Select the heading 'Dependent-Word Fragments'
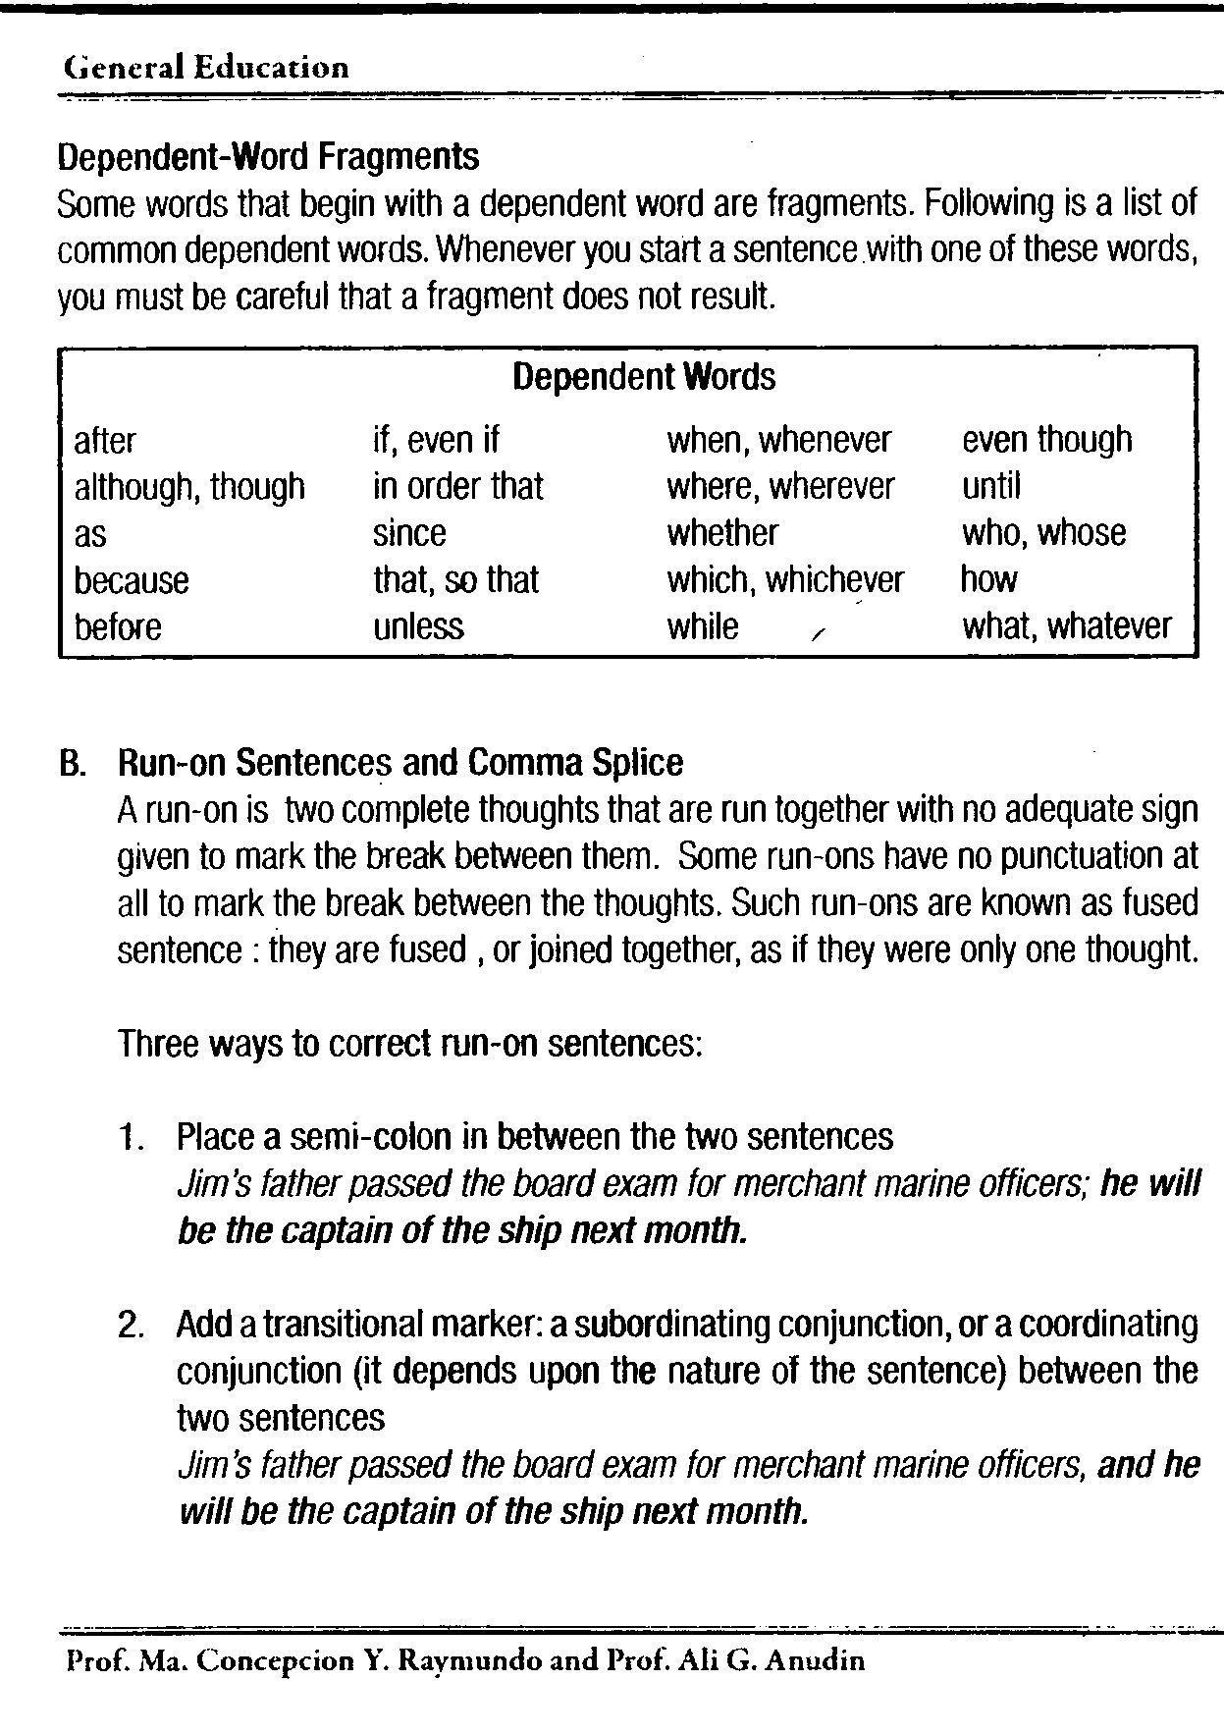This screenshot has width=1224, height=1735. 268,156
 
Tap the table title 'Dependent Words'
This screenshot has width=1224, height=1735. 644,377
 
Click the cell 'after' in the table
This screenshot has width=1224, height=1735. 105,441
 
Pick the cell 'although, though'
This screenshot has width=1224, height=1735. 189,487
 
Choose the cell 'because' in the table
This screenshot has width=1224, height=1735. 131,580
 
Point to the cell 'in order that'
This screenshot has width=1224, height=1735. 457,487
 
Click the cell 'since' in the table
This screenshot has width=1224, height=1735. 409,533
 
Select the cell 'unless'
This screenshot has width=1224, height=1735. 418,626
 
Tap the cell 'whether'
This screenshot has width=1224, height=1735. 722,533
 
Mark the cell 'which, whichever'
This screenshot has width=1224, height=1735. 785,580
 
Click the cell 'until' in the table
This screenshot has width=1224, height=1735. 991,487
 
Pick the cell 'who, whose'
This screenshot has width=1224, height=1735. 1043,533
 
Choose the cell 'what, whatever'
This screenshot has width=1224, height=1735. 1066,626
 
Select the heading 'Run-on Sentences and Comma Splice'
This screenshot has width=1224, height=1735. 400,763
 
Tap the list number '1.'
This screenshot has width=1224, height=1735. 133,1138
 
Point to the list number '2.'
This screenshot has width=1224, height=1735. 133,1326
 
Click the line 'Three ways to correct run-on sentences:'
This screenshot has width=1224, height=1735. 410,1043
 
